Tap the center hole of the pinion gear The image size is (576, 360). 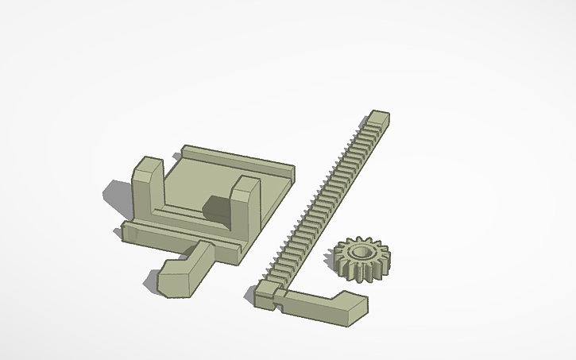pyautogui.click(x=361, y=253)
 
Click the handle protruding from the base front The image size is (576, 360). pyautogui.click(x=187, y=269)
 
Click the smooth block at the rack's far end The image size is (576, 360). pyautogui.click(x=378, y=119)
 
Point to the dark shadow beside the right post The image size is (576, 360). pyautogui.click(x=216, y=208)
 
